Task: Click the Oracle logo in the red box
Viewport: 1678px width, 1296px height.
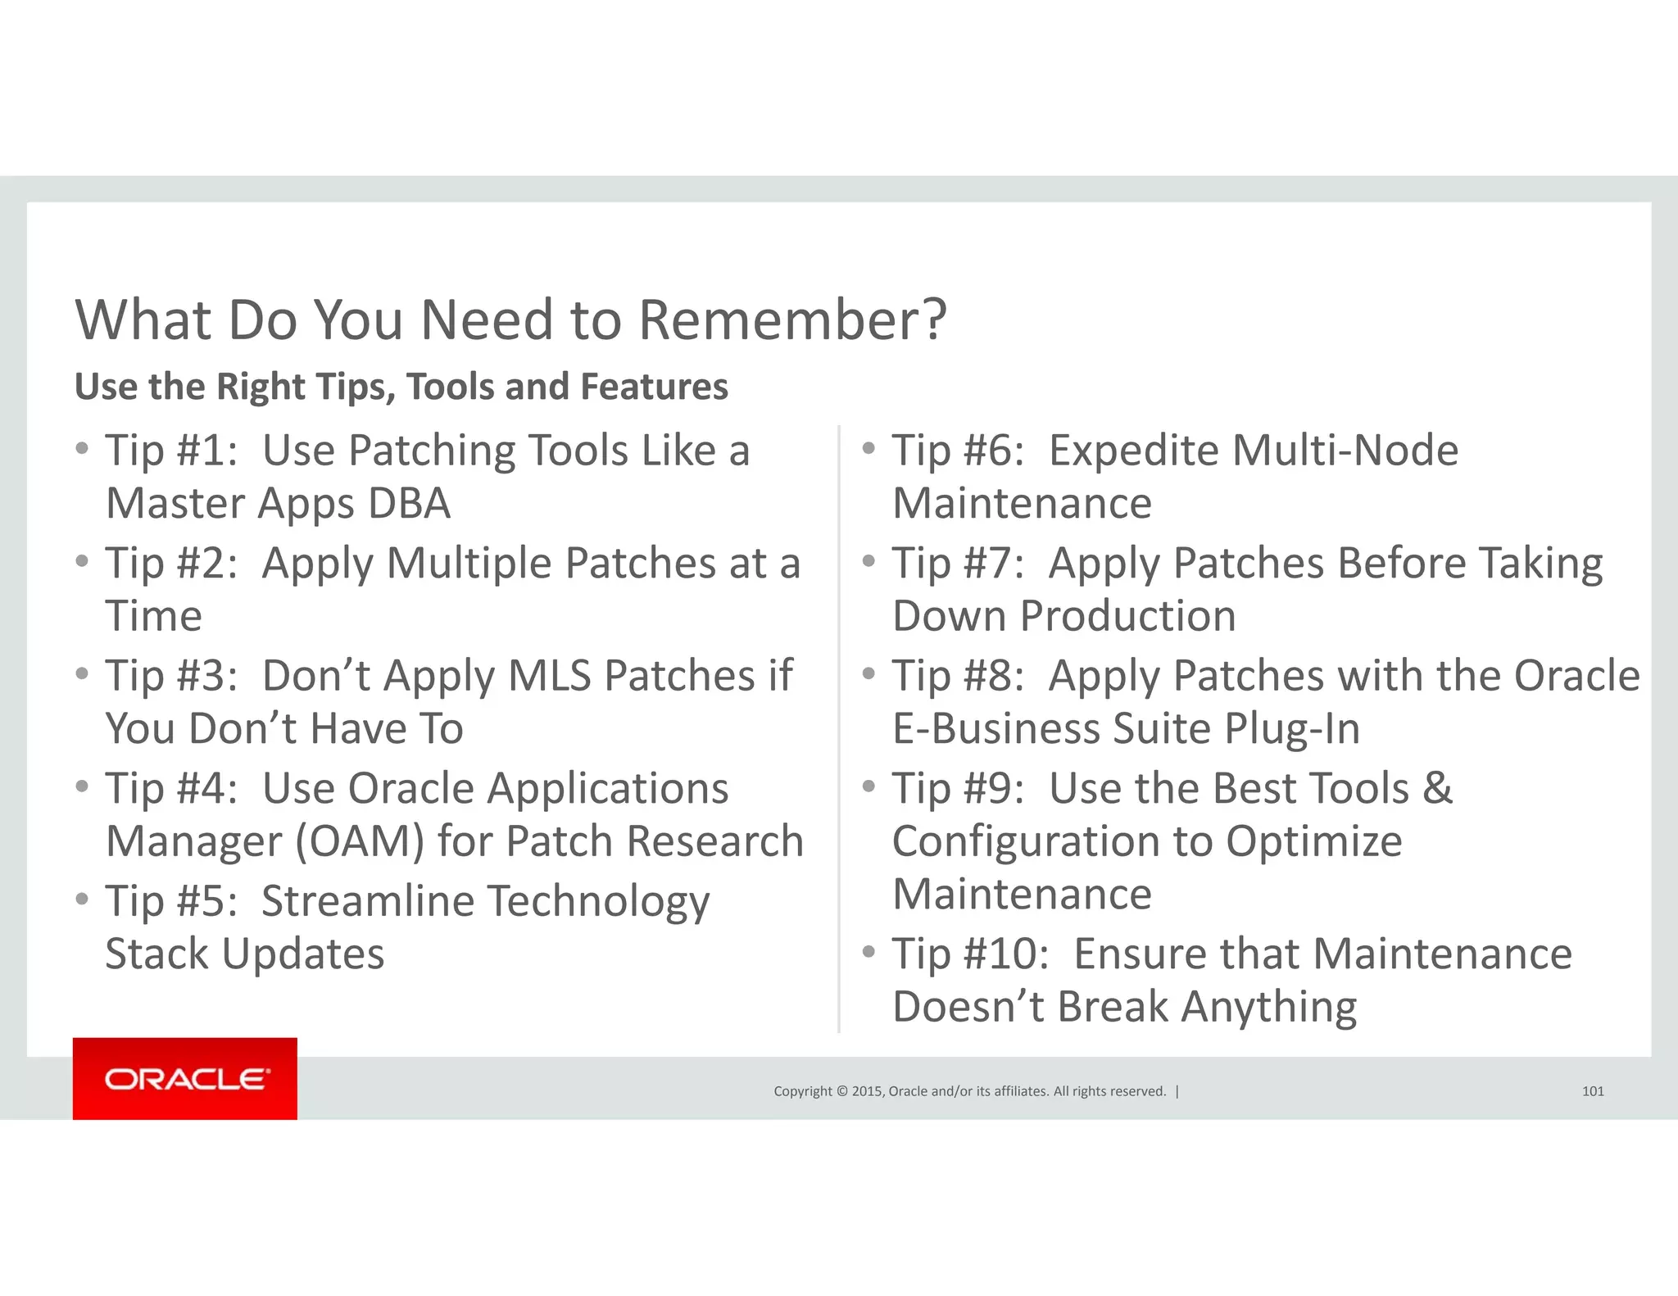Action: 185,1078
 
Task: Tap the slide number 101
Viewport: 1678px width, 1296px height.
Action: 1592,1091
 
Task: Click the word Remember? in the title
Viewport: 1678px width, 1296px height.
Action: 792,319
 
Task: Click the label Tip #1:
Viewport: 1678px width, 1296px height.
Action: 171,451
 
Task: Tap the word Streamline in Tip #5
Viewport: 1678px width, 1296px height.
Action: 368,902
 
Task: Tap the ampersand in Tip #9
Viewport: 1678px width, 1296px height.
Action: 1437,788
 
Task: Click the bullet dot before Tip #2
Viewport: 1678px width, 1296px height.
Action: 81,561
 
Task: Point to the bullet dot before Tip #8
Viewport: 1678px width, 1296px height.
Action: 868,673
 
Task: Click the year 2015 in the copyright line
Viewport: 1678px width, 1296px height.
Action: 867,1091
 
